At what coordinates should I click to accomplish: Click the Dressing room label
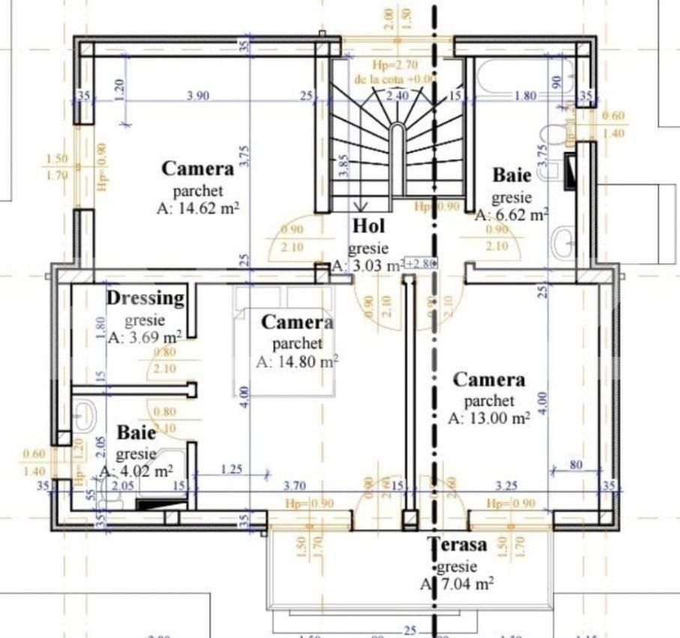(145, 298)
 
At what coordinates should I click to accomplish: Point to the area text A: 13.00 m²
(489, 418)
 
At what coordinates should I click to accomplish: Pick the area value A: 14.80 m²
(297, 361)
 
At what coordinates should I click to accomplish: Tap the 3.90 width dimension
(198, 94)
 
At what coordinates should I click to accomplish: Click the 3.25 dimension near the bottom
(510, 486)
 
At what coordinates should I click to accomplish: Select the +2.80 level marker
(419, 262)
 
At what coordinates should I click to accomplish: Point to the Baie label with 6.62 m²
(511, 176)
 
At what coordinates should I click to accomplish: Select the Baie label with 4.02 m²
(136, 433)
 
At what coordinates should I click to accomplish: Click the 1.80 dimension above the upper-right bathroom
(526, 94)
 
